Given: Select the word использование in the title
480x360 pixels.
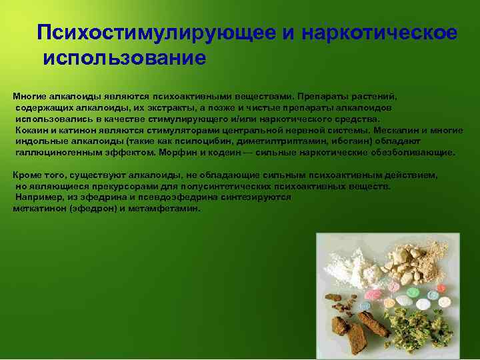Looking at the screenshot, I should coord(125,57).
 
